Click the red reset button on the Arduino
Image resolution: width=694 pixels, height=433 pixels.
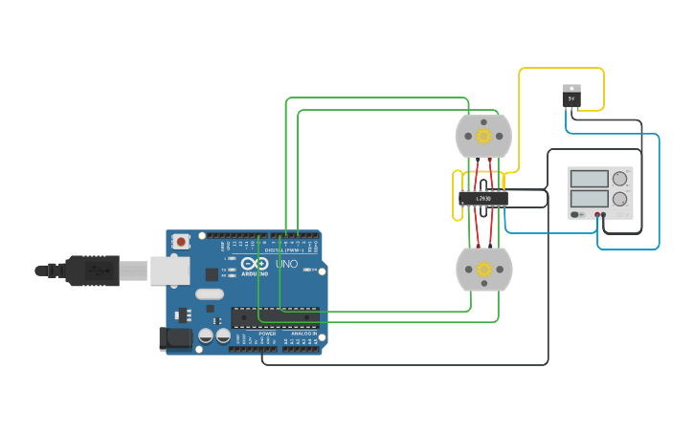pos(180,243)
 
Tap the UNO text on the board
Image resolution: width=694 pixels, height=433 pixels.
pos(286,264)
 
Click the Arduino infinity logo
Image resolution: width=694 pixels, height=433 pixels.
pos(255,264)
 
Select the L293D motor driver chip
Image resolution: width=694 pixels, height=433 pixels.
pos(482,199)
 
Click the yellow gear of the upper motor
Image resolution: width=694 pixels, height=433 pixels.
pos(483,137)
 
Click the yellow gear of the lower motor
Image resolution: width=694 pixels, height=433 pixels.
pos(483,270)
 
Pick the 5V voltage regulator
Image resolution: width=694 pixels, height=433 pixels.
pos(571,96)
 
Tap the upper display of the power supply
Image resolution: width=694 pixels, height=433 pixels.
pos(589,179)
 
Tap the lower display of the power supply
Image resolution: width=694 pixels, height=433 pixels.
pos(589,200)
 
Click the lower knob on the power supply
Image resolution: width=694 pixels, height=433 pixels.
pos(620,200)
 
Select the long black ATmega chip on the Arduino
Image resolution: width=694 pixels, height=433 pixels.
pos(274,316)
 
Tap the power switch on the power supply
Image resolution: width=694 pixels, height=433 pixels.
pos(575,215)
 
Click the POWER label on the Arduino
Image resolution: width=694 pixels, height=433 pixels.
pos(267,334)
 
